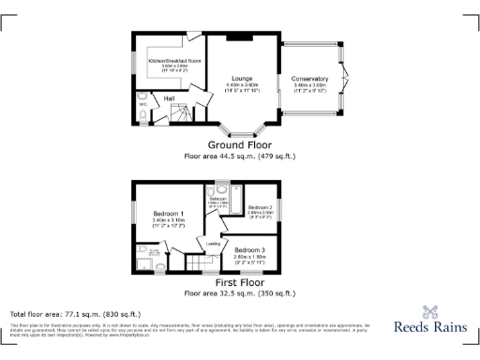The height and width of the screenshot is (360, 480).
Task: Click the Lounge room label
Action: tap(243, 78)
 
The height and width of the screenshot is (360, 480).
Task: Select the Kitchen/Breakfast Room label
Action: tap(174, 61)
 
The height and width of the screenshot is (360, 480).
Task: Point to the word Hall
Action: tap(171, 97)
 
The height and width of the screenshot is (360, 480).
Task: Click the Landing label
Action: tap(214, 244)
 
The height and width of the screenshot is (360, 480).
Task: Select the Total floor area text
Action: tap(75, 313)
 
